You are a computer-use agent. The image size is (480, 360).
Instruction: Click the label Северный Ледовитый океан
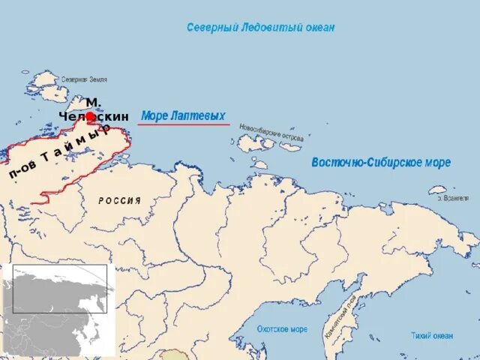click(260, 28)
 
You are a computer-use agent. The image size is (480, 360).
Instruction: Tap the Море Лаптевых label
click(183, 115)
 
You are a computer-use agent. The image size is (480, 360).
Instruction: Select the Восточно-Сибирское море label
click(380, 163)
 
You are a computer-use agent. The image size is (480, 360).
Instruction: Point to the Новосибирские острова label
click(271, 133)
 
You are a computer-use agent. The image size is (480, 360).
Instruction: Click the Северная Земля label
click(84, 79)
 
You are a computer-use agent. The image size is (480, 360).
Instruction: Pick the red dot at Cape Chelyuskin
click(90, 116)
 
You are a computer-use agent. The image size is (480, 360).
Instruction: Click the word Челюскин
click(94, 116)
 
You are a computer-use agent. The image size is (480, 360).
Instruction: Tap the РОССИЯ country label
click(120, 201)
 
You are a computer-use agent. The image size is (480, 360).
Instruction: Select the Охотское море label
click(282, 329)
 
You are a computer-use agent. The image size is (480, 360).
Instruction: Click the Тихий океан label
click(431, 335)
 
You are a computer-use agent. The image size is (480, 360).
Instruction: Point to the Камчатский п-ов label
click(340, 319)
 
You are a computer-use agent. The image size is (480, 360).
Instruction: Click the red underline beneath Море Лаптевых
click(184, 124)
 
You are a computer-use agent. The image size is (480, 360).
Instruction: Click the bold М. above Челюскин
click(94, 102)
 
